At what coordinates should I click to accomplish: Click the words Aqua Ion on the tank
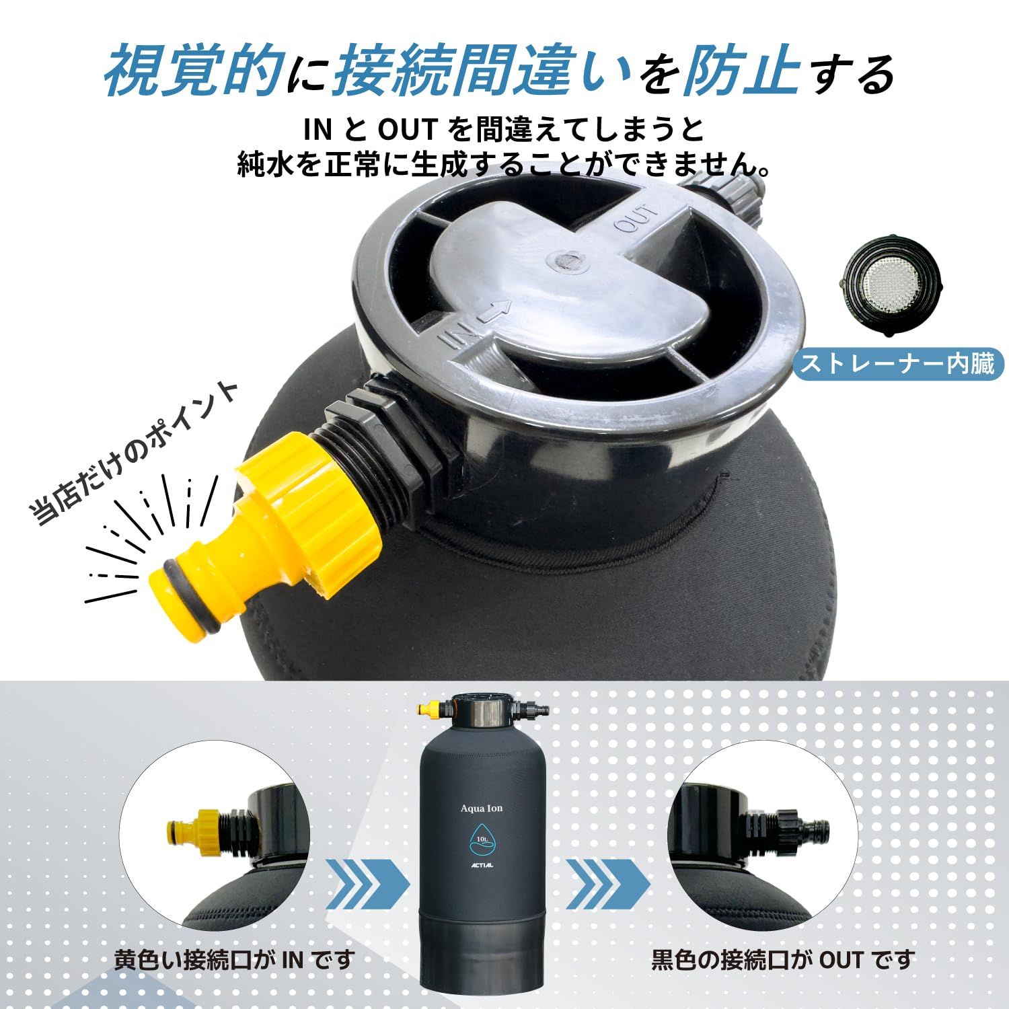click(482, 808)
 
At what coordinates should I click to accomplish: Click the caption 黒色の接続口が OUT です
click(783, 959)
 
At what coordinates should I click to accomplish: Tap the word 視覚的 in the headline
click(192, 70)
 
